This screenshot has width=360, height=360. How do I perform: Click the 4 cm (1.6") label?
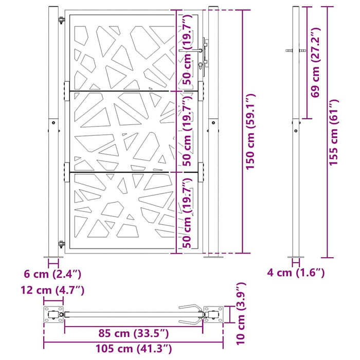[x=296, y=273]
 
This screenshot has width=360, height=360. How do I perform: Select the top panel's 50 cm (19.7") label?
[x=188, y=49]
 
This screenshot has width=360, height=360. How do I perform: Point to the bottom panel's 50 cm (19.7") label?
[x=188, y=211]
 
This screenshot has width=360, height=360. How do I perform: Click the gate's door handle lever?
[x=191, y=50]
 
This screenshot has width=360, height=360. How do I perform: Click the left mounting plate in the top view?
[x=52, y=314]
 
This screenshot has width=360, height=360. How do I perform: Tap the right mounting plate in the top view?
[x=214, y=314]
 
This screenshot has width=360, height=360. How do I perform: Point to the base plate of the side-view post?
[x=296, y=257]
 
